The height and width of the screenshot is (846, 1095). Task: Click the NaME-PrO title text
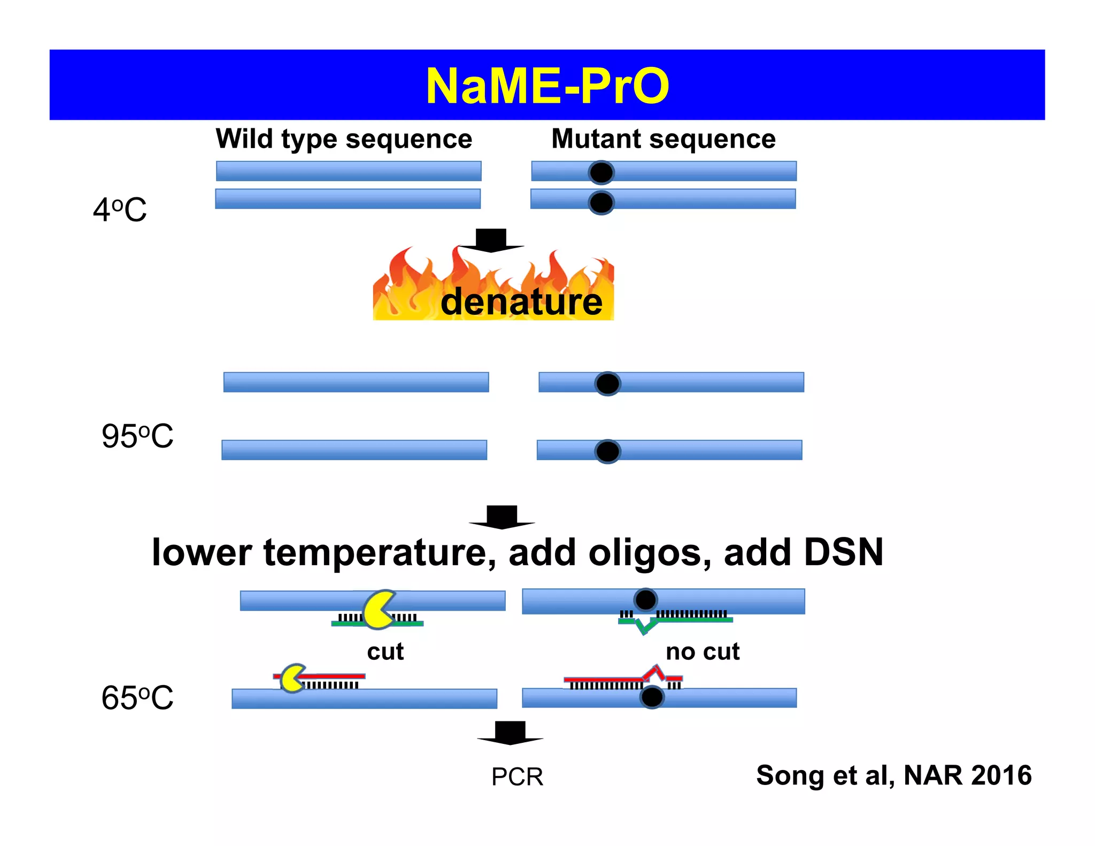(547, 86)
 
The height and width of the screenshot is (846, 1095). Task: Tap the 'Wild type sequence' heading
(344, 140)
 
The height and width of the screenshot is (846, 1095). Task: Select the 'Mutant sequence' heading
(663, 140)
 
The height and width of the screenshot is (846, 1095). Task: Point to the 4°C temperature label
(120, 210)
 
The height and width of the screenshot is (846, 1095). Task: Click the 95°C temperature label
(137, 436)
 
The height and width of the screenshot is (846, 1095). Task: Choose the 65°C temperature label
(137, 698)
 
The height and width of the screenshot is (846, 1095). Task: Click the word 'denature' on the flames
(521, 302)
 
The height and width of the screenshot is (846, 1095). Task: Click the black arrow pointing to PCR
(510, 733)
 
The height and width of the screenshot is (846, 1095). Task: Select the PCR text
(517, 776)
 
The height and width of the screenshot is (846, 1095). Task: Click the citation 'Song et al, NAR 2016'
(893, 775)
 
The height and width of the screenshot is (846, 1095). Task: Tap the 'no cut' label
(703, 652)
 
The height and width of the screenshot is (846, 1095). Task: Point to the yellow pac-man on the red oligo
(292, 679)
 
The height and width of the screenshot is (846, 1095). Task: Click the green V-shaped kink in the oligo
(646, 626)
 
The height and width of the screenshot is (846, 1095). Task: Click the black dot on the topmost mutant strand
(601, 172)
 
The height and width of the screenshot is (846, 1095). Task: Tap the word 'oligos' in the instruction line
(650, 553)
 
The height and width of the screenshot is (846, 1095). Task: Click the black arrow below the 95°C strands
(502, 517)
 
